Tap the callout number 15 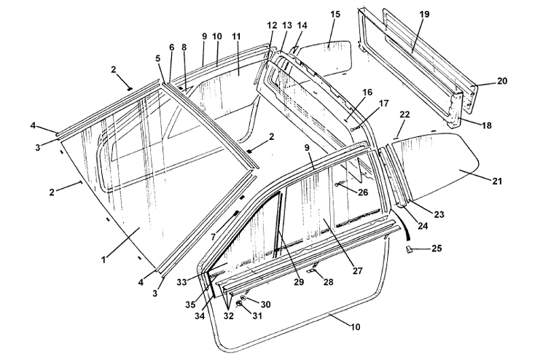[x=335, y=14]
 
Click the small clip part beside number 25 [x=411, y=249]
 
